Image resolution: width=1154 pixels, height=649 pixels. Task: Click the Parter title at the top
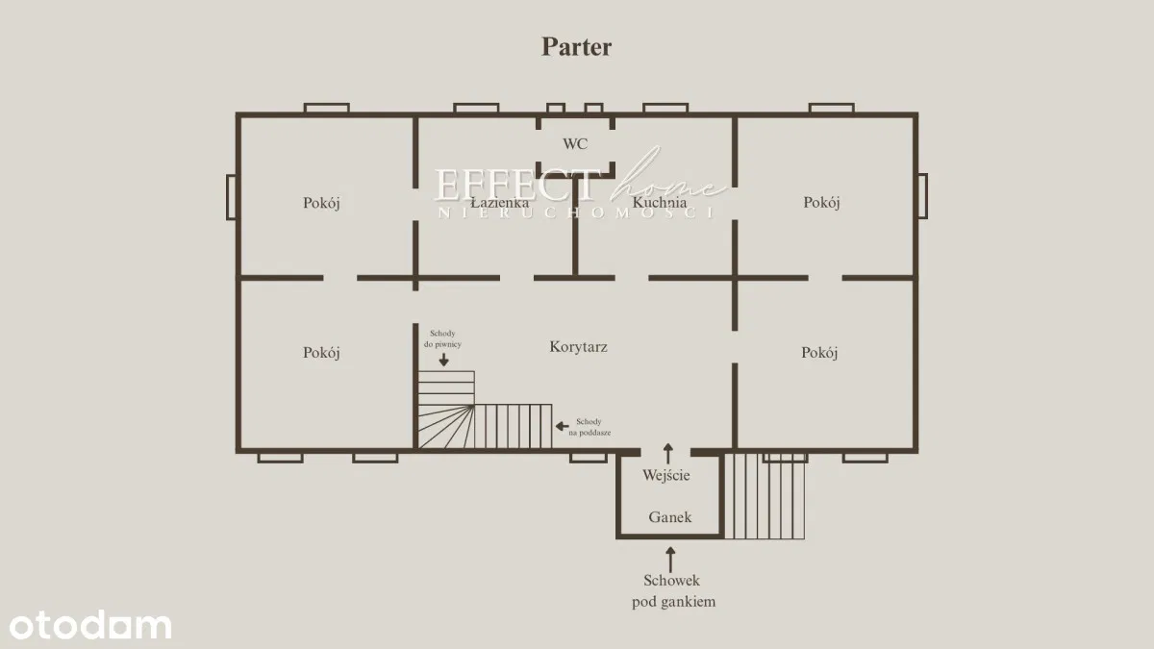tap(576, 46)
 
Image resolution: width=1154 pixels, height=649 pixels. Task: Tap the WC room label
tap(575, 144)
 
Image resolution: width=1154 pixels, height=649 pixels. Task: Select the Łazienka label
tap(500, 203)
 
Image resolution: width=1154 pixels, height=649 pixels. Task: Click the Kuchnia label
tap(659, 203)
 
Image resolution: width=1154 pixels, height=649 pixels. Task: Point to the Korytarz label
tap(578, 347)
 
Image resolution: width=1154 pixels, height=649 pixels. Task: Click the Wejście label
tap(666, 474)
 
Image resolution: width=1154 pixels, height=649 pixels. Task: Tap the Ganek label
tap(670, 516)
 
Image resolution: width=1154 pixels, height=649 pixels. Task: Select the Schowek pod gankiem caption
tap(672, 591)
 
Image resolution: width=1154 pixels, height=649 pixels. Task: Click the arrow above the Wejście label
tap(668, 452)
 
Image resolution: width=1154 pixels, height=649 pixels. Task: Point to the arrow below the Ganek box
tap(670, 559)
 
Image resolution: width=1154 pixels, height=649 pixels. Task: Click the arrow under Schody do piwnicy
tap(443, 360)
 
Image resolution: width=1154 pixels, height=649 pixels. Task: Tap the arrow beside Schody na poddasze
tap(563, 424)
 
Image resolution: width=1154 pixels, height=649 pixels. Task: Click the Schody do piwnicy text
tap(443, 337)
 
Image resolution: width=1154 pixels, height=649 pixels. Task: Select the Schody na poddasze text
tap(590, 427)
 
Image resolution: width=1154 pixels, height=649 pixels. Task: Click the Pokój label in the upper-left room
tap(322, 203)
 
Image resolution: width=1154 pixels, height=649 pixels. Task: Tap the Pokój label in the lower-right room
tap(819, 353)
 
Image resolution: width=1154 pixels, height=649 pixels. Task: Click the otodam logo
tap(87, 625)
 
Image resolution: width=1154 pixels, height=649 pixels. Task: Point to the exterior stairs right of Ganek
tap(765, 496)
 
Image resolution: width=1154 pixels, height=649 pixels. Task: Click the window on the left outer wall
tap(231, 196)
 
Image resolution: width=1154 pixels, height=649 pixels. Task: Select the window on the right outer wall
tap(922, 196)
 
